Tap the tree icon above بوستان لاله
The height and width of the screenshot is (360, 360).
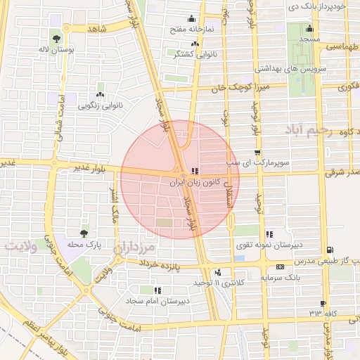(56, 39)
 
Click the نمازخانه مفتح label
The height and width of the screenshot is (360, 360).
(192, 31)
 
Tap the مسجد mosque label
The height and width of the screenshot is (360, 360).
(309, 39)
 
